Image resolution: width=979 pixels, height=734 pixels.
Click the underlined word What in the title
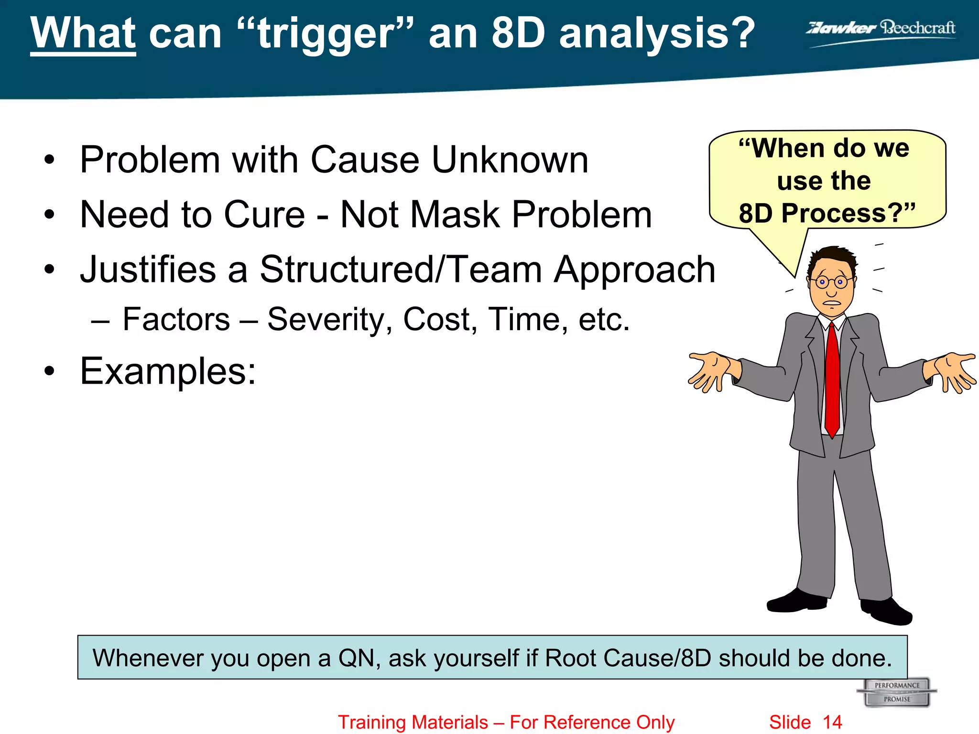tap(83, 33)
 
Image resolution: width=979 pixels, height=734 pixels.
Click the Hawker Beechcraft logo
tap(881, 30)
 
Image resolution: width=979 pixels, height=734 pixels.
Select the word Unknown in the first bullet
tap(510, 160)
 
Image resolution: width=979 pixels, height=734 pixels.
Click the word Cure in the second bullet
tap(264, 215)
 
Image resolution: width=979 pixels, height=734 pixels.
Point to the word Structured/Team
tap(401, 270)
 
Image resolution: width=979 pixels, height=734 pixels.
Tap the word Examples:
tap(168, 371)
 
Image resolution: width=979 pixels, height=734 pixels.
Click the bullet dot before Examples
tap(49, 372)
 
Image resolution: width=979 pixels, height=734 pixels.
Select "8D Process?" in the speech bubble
tap(827, 213)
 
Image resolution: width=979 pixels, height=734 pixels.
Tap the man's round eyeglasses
tap(831, 282)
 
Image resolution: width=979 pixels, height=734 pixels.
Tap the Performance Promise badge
tap(897, 692)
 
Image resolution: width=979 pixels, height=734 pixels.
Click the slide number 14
tap(832, 722)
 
